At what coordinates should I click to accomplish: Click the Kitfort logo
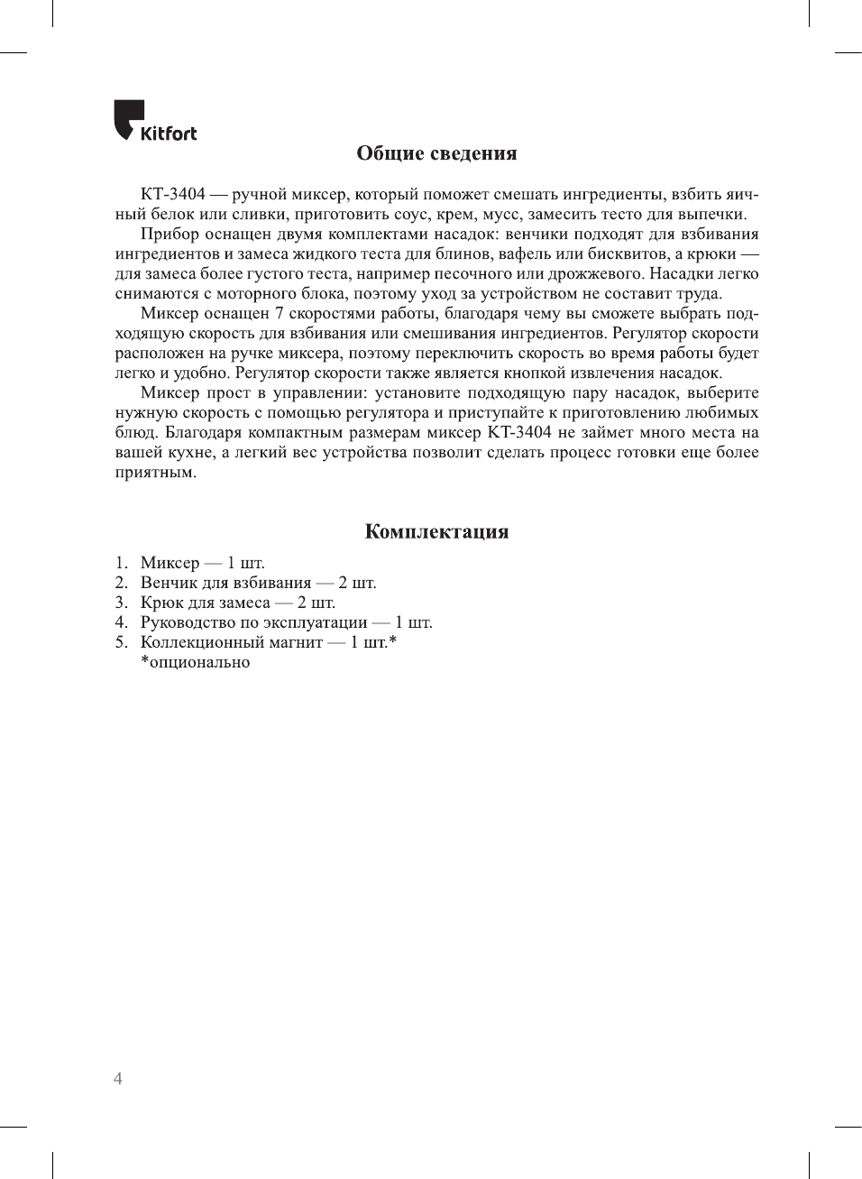click(x=154, y=121)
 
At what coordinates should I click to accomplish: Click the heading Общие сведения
click(x=436, y=153)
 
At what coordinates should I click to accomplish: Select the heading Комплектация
click(x=436, y=531)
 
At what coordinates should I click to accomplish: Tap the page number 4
click(x=118, y=1079)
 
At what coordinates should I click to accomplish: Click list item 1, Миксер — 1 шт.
click(x=202, y=563)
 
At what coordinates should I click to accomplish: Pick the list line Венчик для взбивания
click(x=258, y=583)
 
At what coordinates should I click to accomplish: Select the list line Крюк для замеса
click(x=237, y=603)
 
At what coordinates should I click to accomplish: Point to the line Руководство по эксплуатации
click(x=286, y=622)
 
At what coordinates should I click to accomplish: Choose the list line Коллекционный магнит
click(x=268, y=642)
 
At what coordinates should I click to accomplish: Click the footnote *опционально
click(x=195, y=662)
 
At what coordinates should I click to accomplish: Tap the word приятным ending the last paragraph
click(x=155, y=473)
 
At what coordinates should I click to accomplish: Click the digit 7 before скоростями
click(x=280, y=314)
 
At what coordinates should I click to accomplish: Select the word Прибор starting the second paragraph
click(x=170, y=235)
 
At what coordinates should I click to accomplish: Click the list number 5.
click(x=121, y=642)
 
